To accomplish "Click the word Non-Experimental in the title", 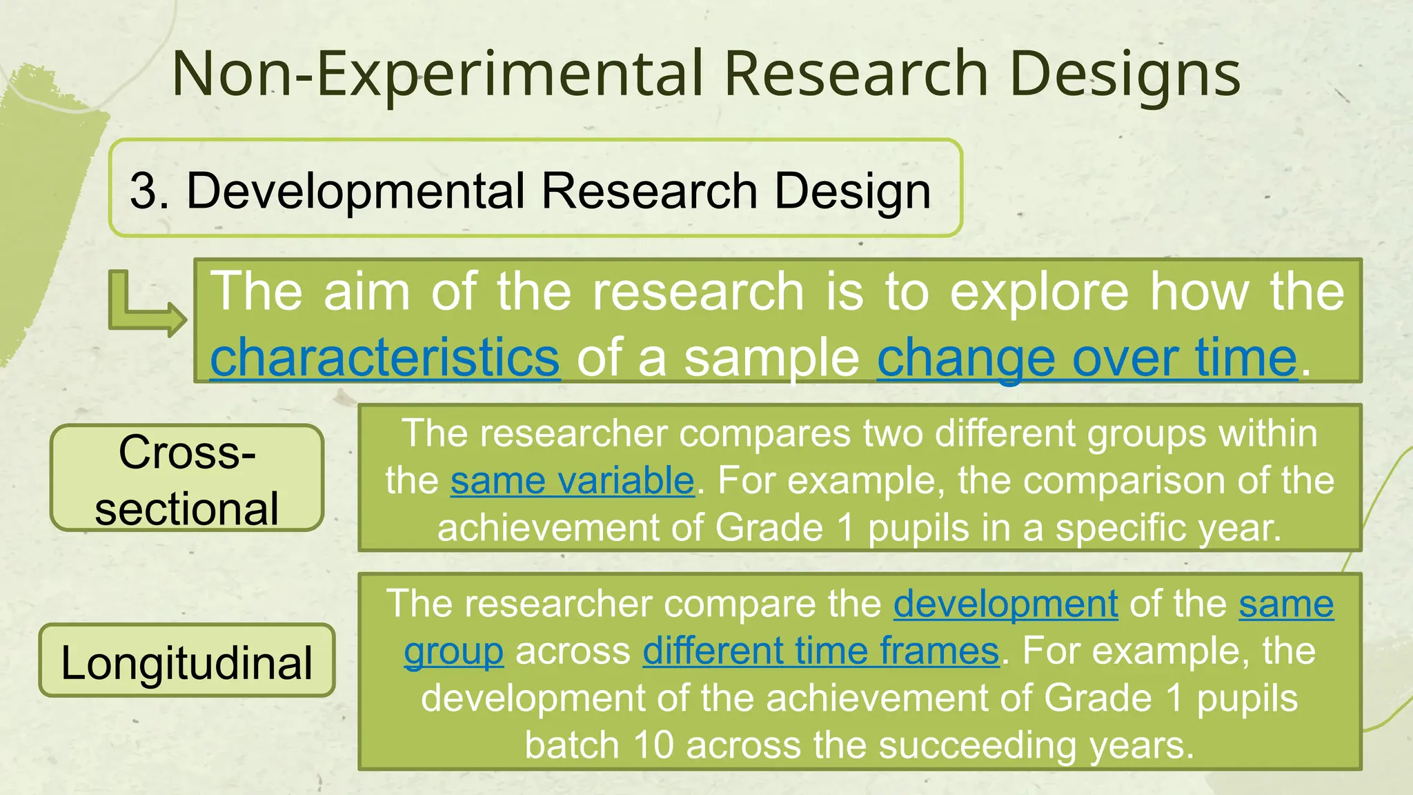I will [x=438, y=74].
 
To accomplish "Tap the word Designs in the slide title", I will [x=1124, y=74].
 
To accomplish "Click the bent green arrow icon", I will [x=146, y=304].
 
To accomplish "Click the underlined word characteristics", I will [x=384, y=357].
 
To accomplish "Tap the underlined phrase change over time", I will [x=1087, y=357].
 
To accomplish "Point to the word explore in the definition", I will [x=1039, y=292].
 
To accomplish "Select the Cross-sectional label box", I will [x=187, y=478].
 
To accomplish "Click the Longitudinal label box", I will [x=187, y=661].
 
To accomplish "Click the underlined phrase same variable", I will [x=572, y=480].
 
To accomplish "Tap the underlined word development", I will [x=1005, y=604].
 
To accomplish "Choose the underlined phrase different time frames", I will [x=820, y=651].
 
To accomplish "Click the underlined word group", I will [x=453, y=651].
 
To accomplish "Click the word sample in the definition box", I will [x=771, y=357].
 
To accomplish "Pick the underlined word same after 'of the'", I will [x=1285, y=604].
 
